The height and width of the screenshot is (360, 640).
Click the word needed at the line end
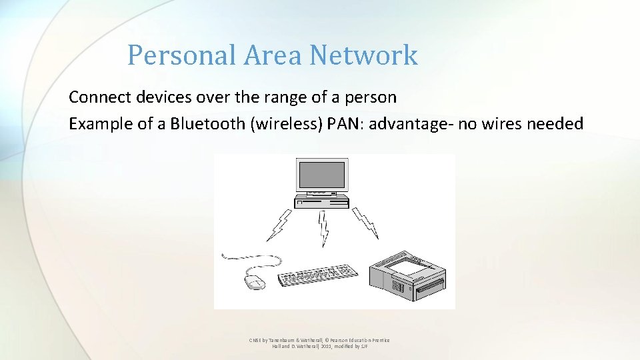point(558,124)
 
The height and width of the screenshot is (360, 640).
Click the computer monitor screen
point(321,174)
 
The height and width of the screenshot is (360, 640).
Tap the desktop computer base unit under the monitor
point(322,200)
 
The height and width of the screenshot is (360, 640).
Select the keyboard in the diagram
point(317,276)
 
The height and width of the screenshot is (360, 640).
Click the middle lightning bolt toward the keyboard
point(324,228)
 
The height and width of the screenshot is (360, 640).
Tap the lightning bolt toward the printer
point(366,223)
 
